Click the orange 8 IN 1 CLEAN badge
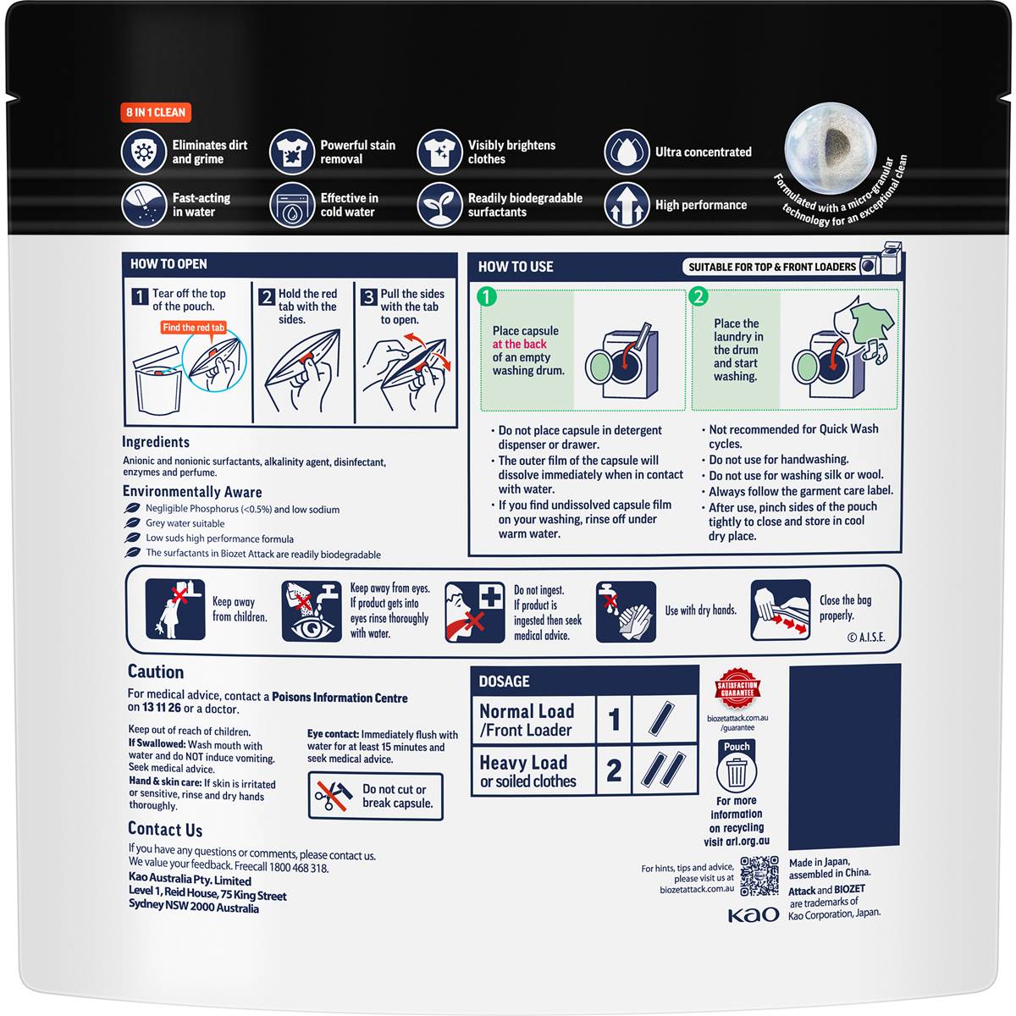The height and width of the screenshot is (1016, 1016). pos(156,113)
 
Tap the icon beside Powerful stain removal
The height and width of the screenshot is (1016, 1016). pos(291,152)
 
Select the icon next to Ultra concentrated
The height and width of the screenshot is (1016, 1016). pos(627,152)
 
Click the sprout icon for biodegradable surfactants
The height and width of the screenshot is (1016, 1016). pos(439,205)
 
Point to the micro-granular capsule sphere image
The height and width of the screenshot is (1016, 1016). pos(830,147)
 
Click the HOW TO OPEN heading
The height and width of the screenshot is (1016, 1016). pos(168,264)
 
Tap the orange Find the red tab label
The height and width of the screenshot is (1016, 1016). pos(194,328)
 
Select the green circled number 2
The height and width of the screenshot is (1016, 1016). pos(698,296)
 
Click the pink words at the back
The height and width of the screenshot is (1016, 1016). pos(519,345)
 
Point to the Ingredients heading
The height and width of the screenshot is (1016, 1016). pos(156,442)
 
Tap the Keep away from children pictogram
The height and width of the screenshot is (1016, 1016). pos(175,610)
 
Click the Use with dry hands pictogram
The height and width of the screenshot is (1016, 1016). pos(626,611)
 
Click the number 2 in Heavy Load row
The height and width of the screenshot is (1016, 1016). pos(614,770)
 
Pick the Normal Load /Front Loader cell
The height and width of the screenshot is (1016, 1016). pos(533,720)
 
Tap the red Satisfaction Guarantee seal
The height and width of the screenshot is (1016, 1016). pos(737,688)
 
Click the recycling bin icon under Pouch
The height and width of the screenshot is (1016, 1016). pos(737,771)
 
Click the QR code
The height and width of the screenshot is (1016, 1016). pos(759,876)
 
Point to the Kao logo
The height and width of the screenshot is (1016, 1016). pos(753,914)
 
